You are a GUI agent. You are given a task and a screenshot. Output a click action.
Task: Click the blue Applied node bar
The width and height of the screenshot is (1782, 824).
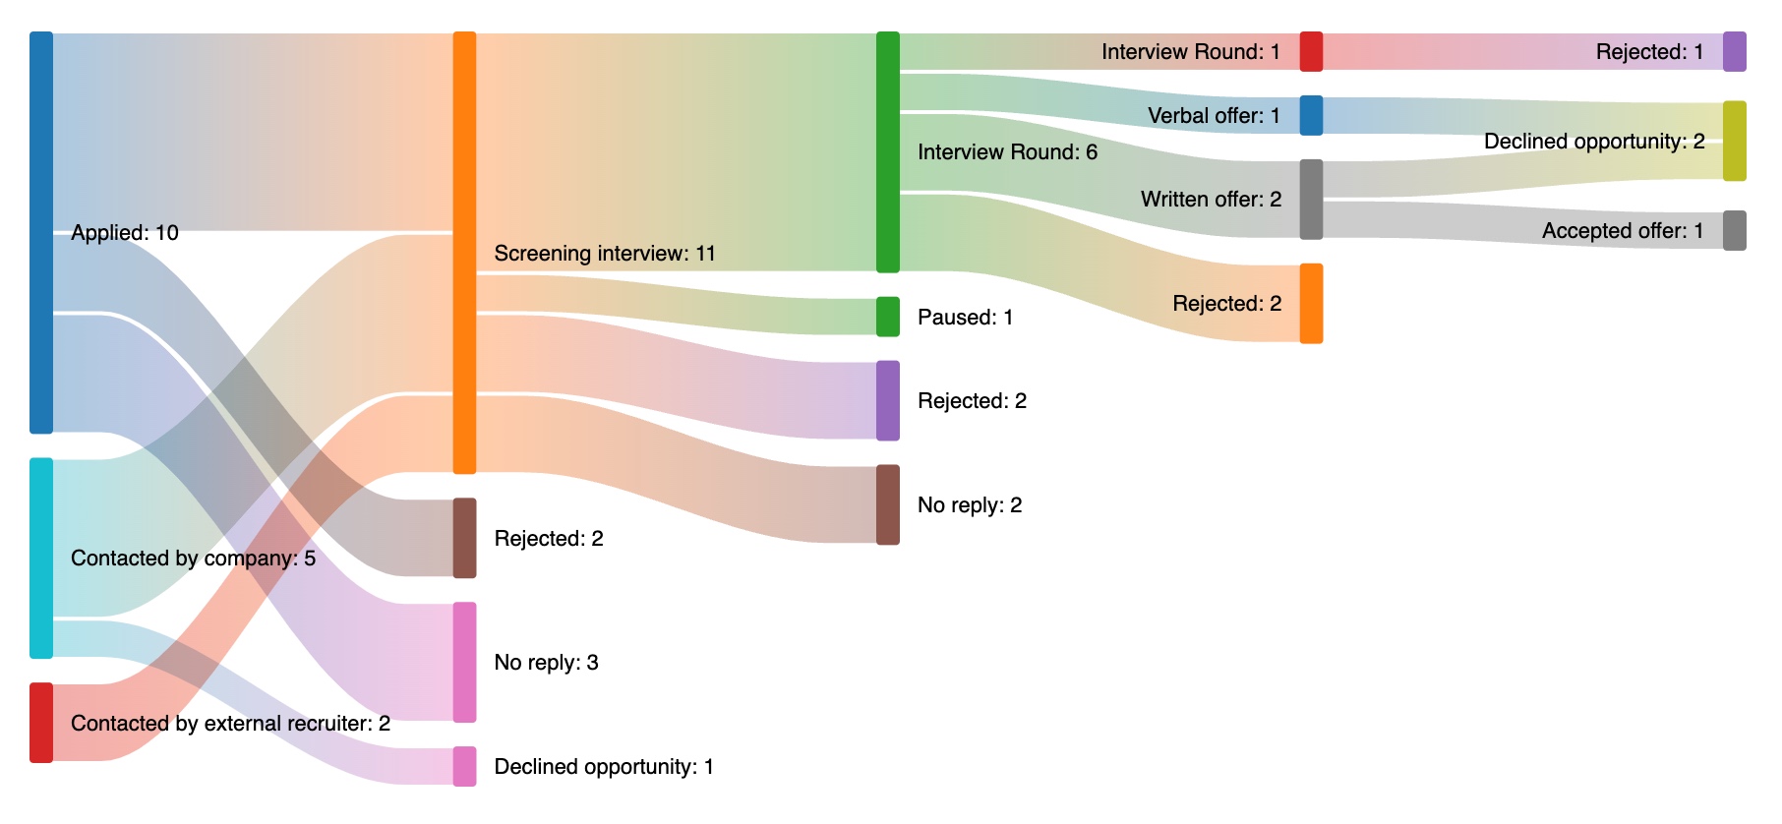pos(41,232)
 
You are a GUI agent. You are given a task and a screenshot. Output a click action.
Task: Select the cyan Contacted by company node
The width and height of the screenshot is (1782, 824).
pos(41,558)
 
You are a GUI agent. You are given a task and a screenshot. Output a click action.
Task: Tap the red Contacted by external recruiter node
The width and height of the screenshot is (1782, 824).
pos(41,723)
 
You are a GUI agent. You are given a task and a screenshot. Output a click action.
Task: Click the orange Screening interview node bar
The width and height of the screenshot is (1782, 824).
pos(464,253)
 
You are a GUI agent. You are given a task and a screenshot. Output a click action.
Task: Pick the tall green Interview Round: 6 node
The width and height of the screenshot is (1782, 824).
pos(887,151)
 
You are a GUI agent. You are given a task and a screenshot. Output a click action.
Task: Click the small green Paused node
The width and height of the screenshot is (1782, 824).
pos(887,317)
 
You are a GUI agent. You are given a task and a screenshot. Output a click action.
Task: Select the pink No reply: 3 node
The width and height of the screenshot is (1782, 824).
pos(464,662)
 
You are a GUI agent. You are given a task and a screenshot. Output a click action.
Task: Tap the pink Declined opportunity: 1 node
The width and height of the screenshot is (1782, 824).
pos(464,766)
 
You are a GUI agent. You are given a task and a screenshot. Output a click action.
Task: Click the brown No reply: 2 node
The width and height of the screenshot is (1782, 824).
pos(887,504)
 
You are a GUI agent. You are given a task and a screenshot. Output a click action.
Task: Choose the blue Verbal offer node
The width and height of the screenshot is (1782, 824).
pos(1311,115)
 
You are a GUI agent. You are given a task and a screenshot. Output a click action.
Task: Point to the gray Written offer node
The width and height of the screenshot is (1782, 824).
pos(1311,199)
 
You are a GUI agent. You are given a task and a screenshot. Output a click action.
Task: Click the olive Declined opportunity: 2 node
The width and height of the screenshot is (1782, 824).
pos(1734,141)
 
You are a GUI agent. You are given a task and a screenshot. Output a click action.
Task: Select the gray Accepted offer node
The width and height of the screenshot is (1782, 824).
pos(1734,230)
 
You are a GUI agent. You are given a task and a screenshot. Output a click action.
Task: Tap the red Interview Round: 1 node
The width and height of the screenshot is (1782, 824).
pos(1311,51)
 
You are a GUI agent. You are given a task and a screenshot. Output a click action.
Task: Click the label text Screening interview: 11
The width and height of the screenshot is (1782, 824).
pos(604,254)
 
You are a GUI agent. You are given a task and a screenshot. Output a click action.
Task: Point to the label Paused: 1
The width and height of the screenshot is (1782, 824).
pos(964,318)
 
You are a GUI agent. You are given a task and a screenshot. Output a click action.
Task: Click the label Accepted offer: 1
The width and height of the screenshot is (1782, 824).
pos(1622,231)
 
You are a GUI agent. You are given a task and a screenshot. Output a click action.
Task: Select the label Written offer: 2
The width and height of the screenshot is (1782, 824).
pos(1211,200)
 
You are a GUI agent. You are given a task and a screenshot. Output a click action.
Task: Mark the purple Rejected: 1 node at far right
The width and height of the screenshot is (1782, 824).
pos(1734,51)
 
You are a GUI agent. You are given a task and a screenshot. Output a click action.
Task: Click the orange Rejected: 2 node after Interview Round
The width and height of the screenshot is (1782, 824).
pos(1311,303)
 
